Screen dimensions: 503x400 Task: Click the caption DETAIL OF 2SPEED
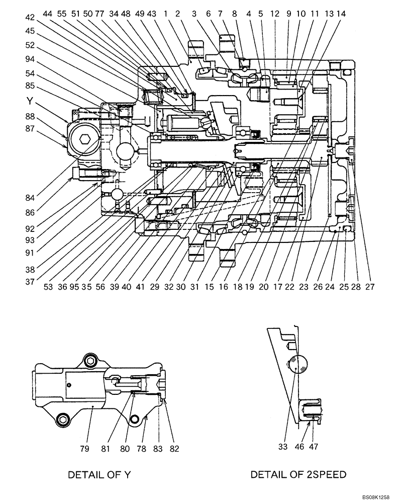coord(298,474)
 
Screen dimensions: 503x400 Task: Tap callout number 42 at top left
coord(31,17)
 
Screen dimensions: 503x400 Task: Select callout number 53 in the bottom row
coord(48,287)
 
